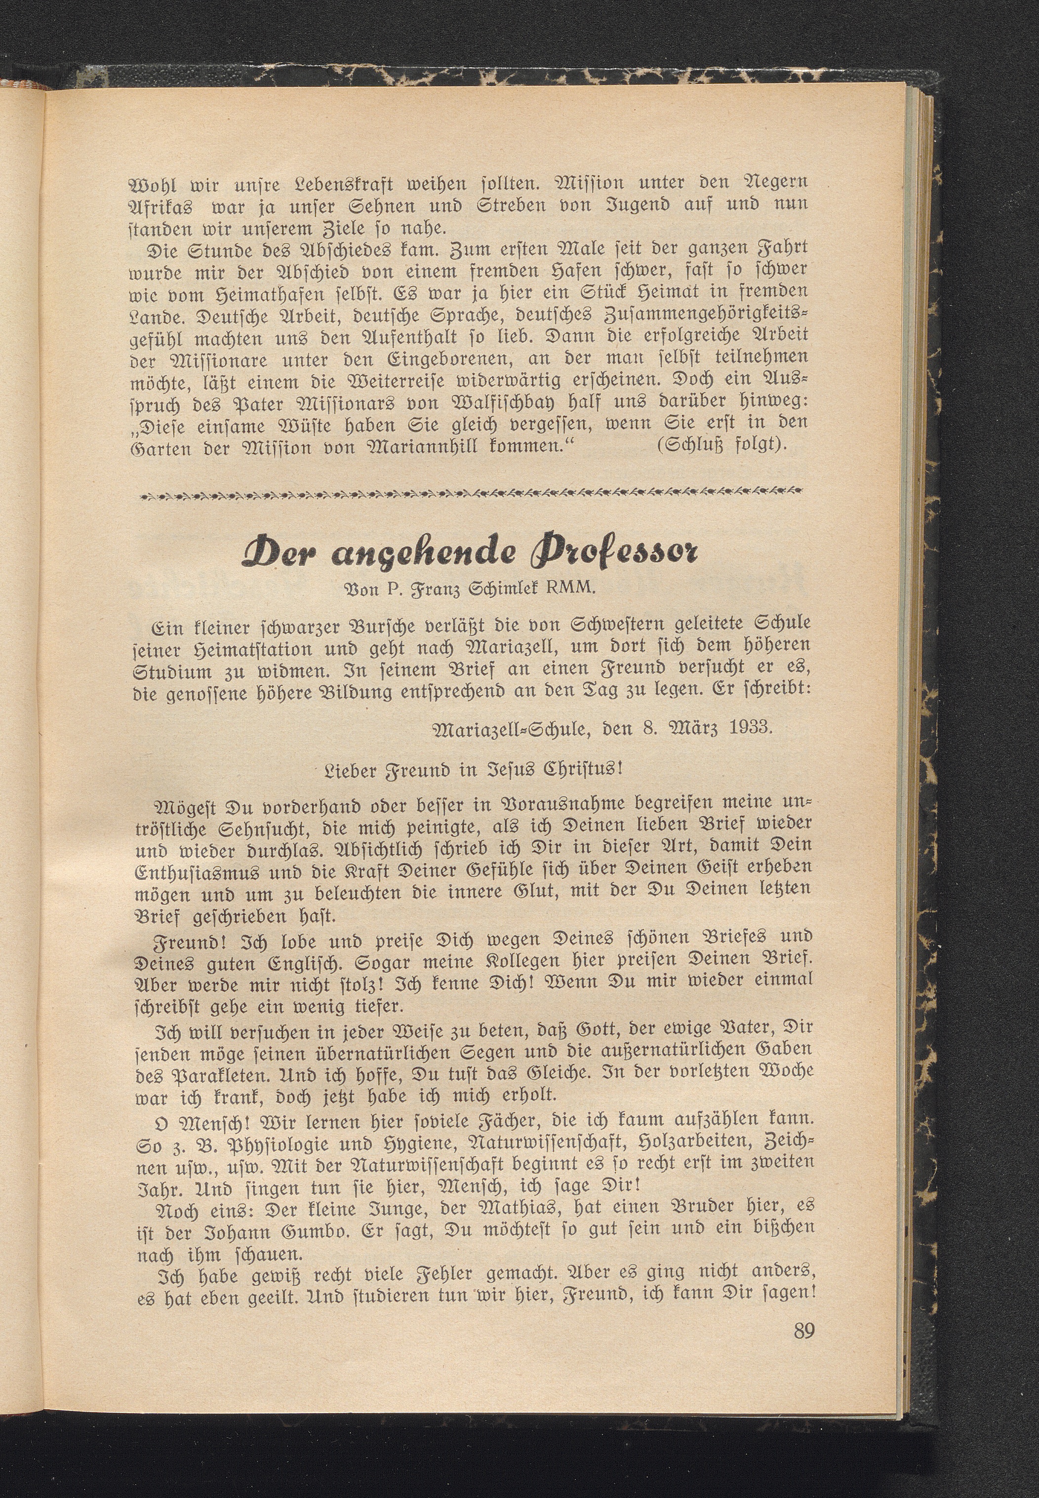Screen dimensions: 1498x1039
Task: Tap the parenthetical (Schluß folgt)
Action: click(722, 447)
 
